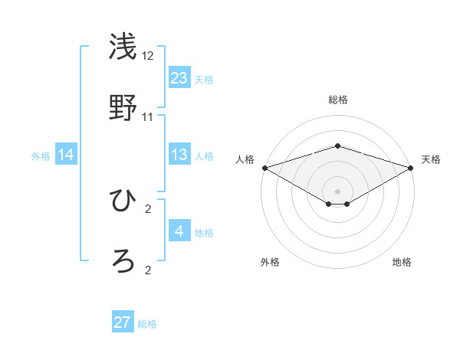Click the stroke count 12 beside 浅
[148, 56]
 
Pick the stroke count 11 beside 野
[148, 117]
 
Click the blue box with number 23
[179, 78]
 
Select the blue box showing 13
[179, 155]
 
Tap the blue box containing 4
[179, 231]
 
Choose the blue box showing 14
[66, 155]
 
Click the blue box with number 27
[123, 322]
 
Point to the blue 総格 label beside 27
[147, 324]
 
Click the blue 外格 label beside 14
[41, 156]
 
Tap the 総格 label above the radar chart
[337, 100]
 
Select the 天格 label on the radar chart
[432, 159]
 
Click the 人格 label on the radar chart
[245, 159]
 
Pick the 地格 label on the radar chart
[402, 262]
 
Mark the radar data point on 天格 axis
[412, 168]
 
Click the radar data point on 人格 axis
[264, 168]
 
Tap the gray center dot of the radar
[337, 191]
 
